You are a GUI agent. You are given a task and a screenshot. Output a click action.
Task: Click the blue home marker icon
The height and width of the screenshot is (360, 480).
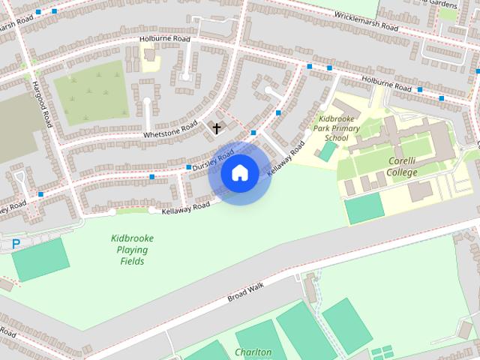[239, 173]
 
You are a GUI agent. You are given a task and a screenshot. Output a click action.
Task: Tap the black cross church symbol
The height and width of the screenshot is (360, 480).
[217, 128]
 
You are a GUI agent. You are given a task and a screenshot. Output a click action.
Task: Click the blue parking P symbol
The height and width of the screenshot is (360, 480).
[16, 244]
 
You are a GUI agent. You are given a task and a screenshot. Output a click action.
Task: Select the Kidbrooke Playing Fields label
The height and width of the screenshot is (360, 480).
[132, 250]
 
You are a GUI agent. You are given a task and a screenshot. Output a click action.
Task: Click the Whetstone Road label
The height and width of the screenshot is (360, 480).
[169, 129]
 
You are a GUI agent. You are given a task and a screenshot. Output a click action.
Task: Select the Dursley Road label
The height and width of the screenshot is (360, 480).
[213, 158]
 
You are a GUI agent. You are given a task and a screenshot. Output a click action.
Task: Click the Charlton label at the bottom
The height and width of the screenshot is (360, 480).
[253, 352]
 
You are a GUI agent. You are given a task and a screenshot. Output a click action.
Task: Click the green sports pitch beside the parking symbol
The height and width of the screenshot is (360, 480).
[40, 259]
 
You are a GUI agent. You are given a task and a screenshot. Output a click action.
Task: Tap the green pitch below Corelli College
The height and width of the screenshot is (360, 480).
[364, 208]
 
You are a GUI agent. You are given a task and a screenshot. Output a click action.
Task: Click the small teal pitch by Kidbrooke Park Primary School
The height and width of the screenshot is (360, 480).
[328, 151]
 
